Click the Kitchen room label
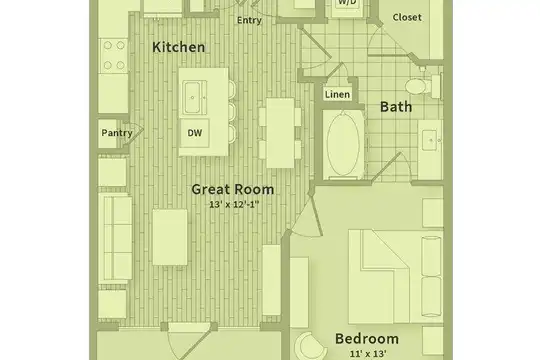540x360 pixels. coord(178,47)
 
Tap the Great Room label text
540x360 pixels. coord(233,189)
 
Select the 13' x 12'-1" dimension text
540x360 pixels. coord(234,204)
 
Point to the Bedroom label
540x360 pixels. coord(367,339)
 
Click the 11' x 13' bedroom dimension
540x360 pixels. coord(368,354)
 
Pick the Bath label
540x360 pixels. coord(396,107)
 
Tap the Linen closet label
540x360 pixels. coord(338,94)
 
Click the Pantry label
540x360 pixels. coord(117,133)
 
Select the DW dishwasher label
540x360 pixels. coord(195,133)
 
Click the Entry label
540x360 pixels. coord(249,20)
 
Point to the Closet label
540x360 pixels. coord(407,17)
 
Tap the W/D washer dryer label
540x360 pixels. coord(347,2)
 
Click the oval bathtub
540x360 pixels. coord(343,144)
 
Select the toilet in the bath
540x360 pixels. coord(422,86)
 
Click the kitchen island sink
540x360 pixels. coord(195,97)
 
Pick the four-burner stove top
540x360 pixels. coord(114,55)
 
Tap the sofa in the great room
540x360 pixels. coord(115,238)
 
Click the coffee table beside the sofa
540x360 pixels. coord(170,237)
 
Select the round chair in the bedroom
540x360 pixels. coord(311,347)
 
